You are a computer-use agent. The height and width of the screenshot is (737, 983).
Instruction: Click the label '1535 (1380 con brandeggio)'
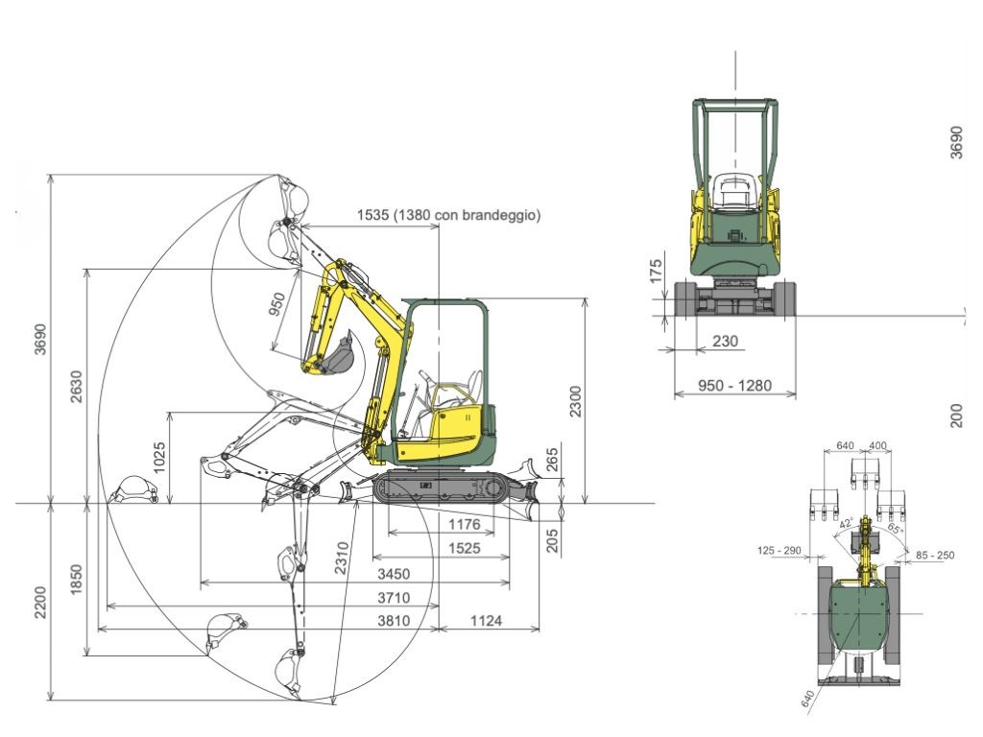point(448,215)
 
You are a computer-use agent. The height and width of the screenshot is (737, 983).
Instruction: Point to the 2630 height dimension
point(76,387)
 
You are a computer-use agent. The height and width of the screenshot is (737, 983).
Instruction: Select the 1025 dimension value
point(159,458)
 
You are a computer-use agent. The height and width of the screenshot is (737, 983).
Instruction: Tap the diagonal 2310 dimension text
point(341,559)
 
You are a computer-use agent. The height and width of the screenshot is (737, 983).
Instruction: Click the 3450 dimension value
point(394,574)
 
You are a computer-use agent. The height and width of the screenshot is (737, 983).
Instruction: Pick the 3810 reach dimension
point(394,621)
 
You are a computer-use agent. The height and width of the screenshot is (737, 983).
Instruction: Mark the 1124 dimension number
point(486,621)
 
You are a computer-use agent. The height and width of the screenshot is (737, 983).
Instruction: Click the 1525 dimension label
point(465,548)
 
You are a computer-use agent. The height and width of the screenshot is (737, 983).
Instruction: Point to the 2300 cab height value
point(575,401)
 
